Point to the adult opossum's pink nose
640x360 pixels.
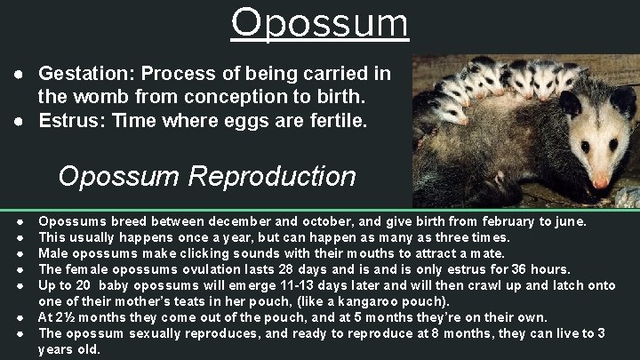click(x=601, y=181)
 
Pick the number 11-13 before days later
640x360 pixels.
click(x=289, y=285)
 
